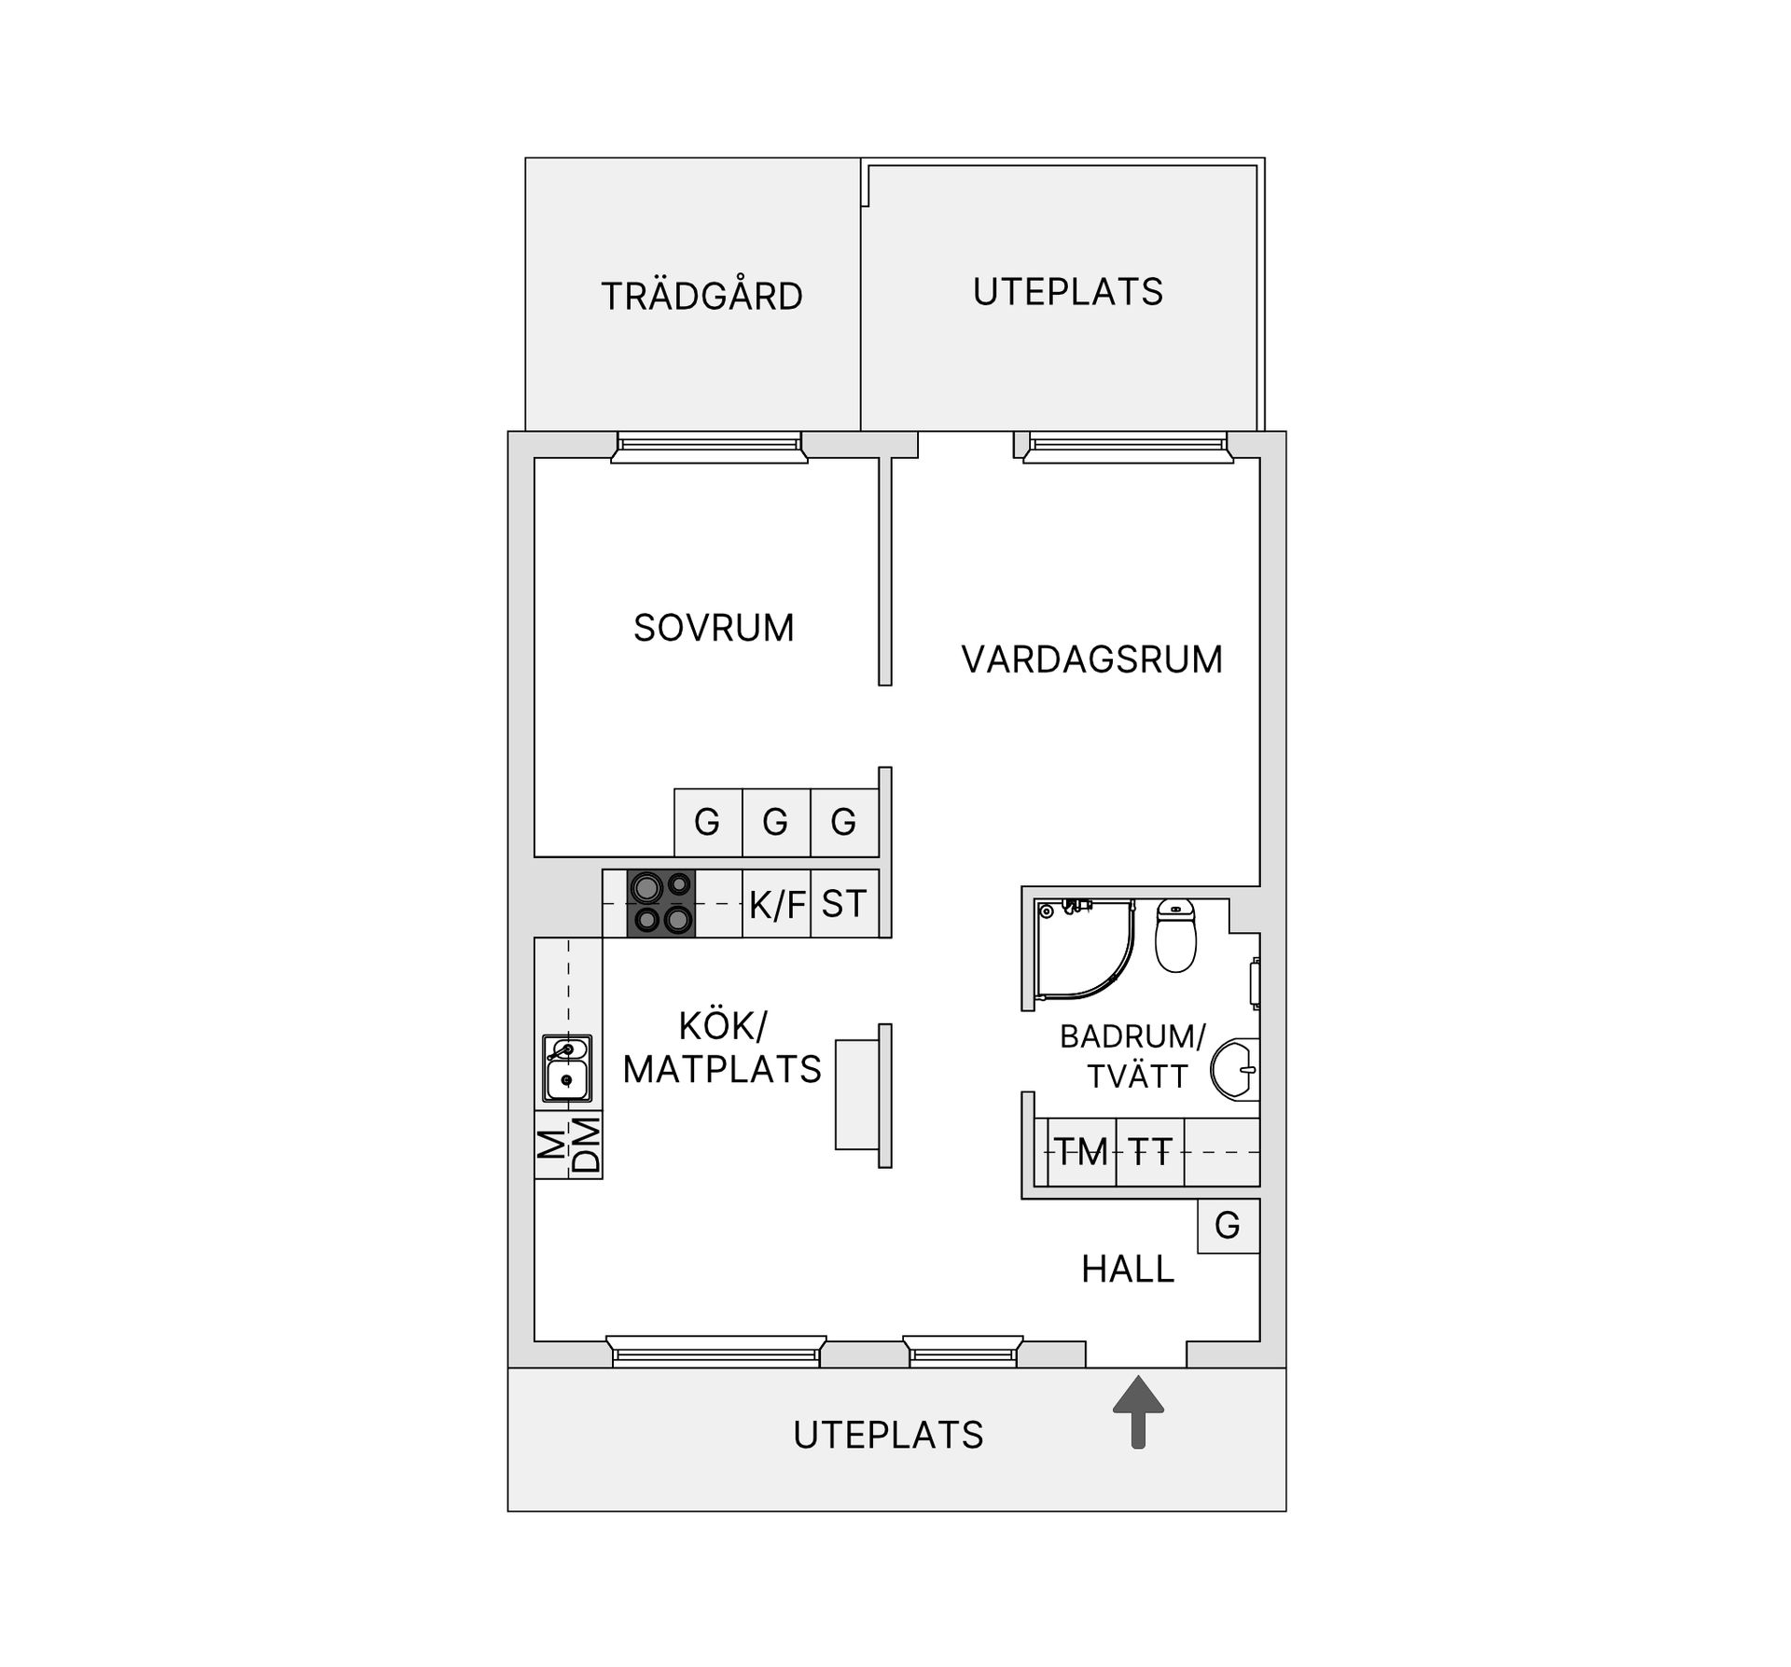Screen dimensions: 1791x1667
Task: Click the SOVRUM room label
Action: (714, 628)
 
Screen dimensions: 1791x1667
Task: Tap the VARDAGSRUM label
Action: (1091, 660)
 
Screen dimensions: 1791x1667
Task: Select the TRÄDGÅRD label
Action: (701, 295)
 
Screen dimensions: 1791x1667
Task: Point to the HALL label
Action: (1128, 1270)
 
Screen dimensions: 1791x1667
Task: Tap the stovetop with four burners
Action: (661, 903)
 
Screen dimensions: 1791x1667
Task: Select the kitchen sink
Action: (567, 1067)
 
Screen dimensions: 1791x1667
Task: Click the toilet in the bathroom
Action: (1175, 936)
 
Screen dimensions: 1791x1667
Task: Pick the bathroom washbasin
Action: (1235, 1069)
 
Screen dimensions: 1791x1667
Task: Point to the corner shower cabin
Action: (1083, 950)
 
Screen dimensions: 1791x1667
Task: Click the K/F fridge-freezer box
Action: (777, 903)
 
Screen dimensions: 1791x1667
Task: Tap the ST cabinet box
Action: (845, 903)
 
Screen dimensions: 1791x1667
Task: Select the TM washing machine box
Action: (1081, 1152)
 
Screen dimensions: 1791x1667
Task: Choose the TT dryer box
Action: (1150, 1152)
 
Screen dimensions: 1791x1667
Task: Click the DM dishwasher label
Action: (586, 1145)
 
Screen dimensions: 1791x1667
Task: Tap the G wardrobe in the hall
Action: (1229, 1226)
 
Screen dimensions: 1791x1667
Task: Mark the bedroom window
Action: (709, 447)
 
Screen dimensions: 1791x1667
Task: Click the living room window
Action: (1128, 447)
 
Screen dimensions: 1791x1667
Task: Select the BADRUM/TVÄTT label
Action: (1133, 1056)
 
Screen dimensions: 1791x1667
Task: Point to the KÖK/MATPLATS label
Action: (722, 1048)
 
